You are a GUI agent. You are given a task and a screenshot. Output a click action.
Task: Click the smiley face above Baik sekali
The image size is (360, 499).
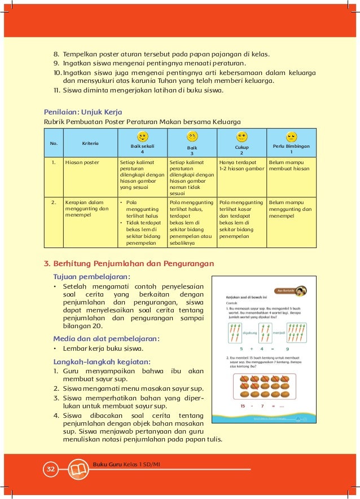(143, 136)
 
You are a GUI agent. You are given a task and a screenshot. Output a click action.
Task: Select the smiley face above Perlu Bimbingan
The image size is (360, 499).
(291, 137)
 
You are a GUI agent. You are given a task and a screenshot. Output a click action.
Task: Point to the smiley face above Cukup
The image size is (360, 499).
(242, 137)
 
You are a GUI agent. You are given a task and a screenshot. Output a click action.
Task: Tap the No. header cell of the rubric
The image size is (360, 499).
(54, 143)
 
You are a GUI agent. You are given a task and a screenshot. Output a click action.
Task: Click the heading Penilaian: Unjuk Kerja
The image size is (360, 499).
(83, 111)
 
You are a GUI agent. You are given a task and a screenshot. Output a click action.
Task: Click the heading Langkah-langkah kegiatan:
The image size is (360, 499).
(102, 361)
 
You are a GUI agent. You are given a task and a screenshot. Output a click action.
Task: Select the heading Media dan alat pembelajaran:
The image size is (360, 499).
(106, 338)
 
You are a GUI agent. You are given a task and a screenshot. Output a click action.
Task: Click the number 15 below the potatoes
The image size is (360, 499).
(243, 406)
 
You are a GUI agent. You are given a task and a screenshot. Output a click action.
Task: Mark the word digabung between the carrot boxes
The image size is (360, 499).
(249, 333)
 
